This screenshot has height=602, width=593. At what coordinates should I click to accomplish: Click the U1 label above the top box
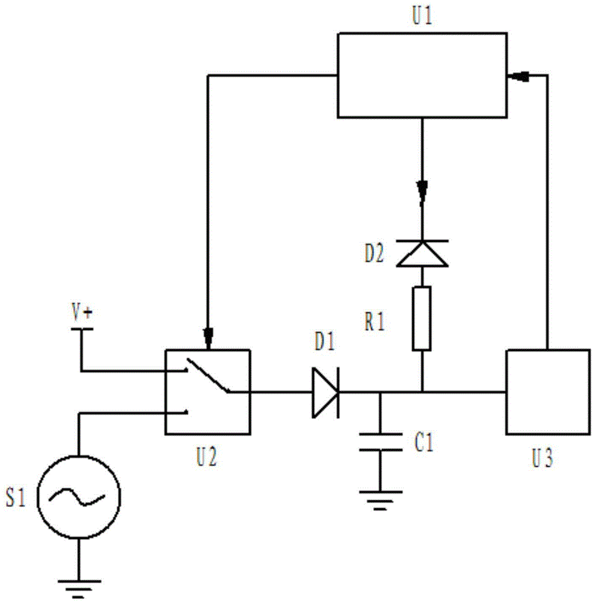click(x=422, y=16)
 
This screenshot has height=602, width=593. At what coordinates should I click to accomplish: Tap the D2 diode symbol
click(x=422, y=253)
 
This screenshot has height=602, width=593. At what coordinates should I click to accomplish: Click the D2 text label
click(x=374, y=254)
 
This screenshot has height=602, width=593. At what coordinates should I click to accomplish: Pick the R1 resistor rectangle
click(x=422, y=318)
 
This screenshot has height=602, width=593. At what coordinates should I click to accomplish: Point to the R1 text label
click(x=374, y=322)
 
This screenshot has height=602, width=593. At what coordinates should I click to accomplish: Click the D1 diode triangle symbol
click(x=325, y=393)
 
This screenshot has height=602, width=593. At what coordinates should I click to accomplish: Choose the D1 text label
click(x=325, y=342)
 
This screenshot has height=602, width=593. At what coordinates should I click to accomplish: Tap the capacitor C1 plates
click(x=380, y=442)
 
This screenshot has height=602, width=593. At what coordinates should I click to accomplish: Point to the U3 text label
click(x=542, y=458)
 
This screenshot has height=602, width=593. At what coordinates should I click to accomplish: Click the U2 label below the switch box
click(x=206, y=457)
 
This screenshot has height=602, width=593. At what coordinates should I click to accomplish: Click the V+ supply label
click(x=82, y=313)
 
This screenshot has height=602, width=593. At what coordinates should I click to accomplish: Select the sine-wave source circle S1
click(x=79, y=497)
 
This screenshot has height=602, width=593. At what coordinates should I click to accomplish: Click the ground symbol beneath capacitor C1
click(x=380, y=500)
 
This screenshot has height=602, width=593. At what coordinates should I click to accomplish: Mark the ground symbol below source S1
click(x=79, y=589)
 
